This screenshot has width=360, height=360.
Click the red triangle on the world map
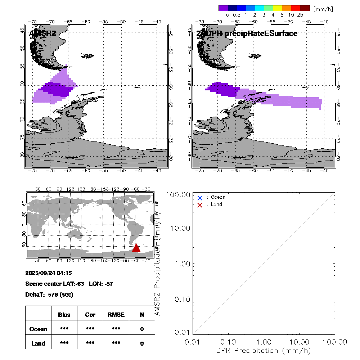tap(136, 248)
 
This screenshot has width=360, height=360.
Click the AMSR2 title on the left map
tap(42, 33)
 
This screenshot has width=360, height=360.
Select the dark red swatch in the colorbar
tap(305, 8)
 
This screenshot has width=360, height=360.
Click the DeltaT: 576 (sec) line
tap(49, 294)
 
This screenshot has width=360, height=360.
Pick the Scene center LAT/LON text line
tap(69, 284)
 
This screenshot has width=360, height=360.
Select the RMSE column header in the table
tap(116, 315)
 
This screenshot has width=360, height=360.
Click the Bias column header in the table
tap(64, 315)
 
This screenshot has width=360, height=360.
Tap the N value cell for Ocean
tap(142, 329)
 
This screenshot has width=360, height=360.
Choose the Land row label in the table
tap(38, 343)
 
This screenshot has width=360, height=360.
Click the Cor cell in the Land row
tap(90, 343)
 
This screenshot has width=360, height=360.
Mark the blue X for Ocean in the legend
tap(200, 198)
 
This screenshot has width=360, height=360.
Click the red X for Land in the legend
tap(200, 205)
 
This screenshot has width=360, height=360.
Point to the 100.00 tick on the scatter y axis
tap(179, 195)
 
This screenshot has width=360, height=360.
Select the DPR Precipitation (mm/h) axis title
tap(264, 350)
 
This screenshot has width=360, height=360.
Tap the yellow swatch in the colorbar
tap(278, 8)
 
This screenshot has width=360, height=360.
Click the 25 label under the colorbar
tap(300, 15)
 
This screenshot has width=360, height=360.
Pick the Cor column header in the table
tap(90, 315)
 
